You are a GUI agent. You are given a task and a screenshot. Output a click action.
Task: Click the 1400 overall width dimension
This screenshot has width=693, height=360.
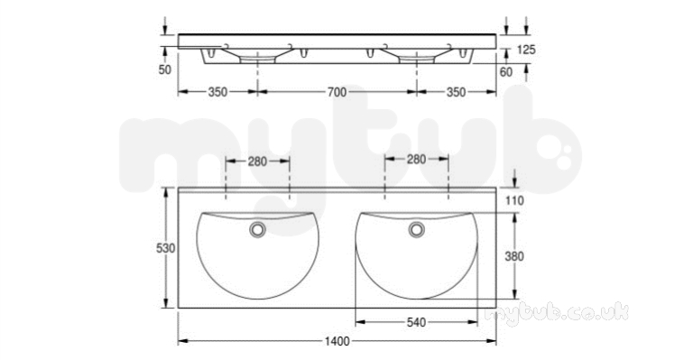coord(337,341)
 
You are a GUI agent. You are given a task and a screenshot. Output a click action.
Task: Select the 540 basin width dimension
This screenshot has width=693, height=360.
coord(416,322)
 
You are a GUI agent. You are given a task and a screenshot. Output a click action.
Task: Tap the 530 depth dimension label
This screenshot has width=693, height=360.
coord(166,248)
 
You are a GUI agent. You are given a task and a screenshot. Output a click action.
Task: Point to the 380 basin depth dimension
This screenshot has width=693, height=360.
coord(514,256)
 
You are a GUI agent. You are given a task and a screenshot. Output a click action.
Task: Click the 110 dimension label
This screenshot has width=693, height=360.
coord(514,200)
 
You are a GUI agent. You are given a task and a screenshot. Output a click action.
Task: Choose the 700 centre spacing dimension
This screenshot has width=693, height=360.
coord(337,92)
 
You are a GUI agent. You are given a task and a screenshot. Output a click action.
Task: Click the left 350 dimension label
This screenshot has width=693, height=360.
coord(217,92)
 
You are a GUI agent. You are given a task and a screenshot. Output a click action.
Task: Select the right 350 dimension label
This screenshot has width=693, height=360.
coord(456,92)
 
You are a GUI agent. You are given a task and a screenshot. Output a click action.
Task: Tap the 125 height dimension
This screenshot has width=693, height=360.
coord(526,50)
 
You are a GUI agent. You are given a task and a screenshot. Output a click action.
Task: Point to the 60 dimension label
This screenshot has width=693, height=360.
coord(506,71)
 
